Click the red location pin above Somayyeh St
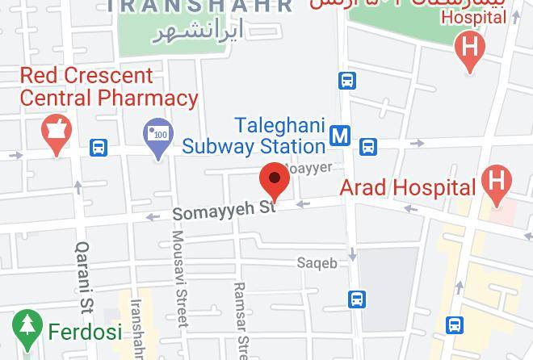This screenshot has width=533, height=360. tap(274, 181)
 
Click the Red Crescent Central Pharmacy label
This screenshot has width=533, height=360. tap(108, 87)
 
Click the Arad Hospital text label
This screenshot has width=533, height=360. tap(407, 188)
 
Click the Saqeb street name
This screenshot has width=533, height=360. tap(317, 263)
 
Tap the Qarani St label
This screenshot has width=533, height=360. tap(84, 278)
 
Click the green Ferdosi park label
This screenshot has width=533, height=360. tap(85, 331)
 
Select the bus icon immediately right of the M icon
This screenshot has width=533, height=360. tap(367, 147)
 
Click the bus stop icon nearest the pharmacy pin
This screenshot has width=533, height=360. tap(99, 148)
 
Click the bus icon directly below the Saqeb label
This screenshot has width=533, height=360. tap(356, 299)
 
